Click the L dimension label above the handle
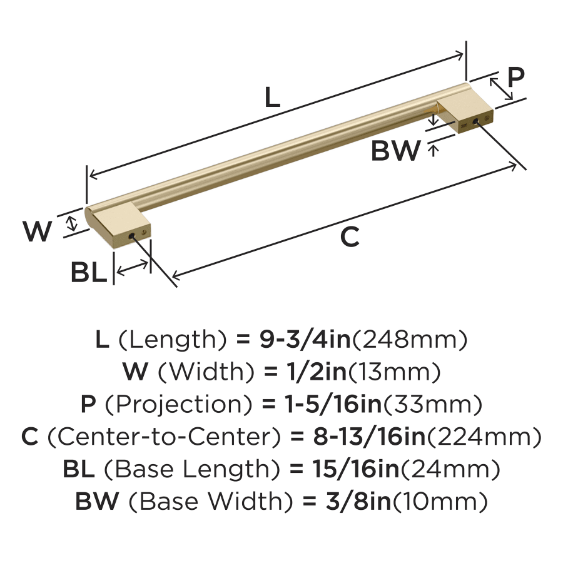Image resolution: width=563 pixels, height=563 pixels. [273, 98]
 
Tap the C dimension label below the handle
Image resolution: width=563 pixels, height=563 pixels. [350, 237]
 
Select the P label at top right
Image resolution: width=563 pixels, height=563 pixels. [516, 76]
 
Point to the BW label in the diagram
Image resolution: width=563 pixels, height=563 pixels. [396, 150]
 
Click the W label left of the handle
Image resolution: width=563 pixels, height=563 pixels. [38, 231]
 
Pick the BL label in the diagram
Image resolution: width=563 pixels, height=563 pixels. [89, 272]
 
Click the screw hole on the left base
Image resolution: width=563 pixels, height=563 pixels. [131, 236]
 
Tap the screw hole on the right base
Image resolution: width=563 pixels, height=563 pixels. [476, 121]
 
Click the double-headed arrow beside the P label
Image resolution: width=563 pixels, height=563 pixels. [501, 89]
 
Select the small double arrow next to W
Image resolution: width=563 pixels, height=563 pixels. [73, 223]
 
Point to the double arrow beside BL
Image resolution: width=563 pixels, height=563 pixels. [132, 268]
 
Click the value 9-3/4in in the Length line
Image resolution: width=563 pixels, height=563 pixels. [305, 339]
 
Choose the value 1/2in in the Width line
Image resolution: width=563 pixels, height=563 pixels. [317, 372]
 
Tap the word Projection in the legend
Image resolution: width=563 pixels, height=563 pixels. [178, 404]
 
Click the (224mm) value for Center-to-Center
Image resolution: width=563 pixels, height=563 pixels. [484, 437]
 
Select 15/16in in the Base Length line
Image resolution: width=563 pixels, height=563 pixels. [356, 469]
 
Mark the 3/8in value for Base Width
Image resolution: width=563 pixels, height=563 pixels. [358, 501]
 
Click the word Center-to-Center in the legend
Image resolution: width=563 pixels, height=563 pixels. [163, 437]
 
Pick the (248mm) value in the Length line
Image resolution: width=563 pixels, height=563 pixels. [409, 340]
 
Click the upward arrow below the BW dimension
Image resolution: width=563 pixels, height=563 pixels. [434, 150]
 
